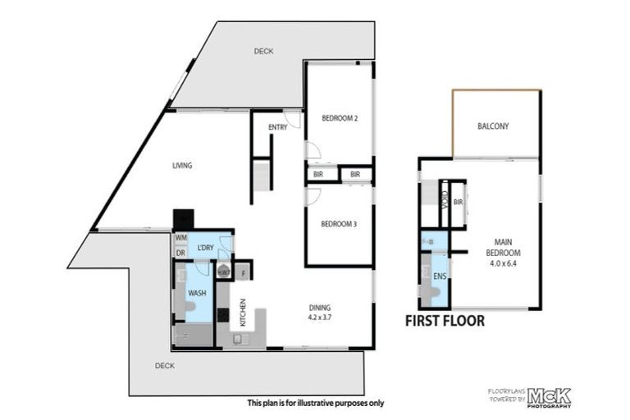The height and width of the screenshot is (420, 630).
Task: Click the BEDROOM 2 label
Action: click(339, 117)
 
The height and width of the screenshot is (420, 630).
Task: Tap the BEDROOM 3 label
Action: click(339, 224)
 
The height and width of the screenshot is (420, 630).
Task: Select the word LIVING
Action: click(181, 166)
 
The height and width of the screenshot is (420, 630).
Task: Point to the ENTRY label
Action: click(277, 127)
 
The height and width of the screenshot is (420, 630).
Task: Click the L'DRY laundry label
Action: click(205, 249)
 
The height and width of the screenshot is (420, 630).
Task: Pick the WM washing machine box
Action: click(180, 238)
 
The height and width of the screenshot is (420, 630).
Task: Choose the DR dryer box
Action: click(180, 253)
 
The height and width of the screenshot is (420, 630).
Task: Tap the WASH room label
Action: click(197, 292)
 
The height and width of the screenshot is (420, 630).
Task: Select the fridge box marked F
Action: click(244, 272)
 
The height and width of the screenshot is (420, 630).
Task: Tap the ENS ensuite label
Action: click(439, 276)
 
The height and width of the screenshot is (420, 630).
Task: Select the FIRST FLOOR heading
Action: click(445, 321)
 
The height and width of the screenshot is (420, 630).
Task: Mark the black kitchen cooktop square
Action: click(221, 316)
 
